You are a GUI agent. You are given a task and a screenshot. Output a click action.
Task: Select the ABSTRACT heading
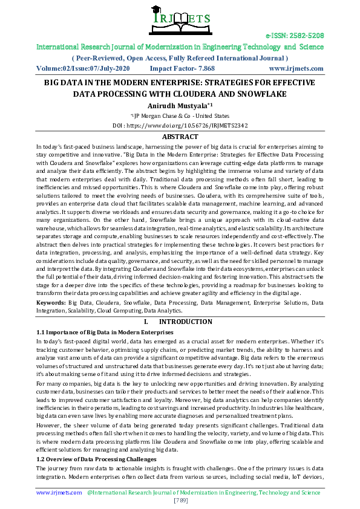[180, 137]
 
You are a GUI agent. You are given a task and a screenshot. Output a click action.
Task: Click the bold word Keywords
[51, 301]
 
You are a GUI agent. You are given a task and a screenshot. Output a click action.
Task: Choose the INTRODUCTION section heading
[189, 322]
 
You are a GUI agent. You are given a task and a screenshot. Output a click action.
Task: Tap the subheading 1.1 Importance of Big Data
[105, 332]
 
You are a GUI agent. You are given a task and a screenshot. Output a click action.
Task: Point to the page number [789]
[180, 501]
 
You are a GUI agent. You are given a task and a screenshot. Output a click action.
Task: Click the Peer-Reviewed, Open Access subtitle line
[180, 57]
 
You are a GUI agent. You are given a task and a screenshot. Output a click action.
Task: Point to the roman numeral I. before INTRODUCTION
[146, 322]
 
